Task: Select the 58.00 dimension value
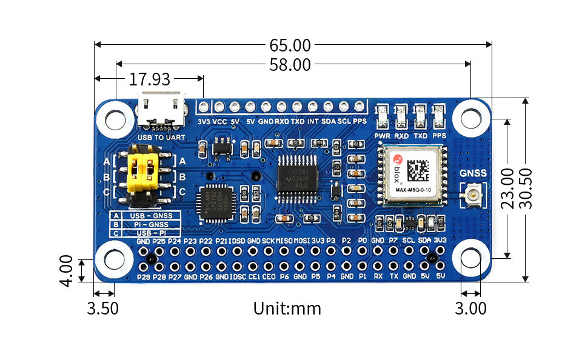pos(290,65)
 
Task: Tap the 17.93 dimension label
pos(149,79)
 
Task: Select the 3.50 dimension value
pos(102,308)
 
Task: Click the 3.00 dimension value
pos(470,308)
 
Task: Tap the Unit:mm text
pos(287,308)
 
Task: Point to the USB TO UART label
pos(161,138)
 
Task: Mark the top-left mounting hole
pos(115,118)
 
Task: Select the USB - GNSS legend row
pos(146,215)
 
